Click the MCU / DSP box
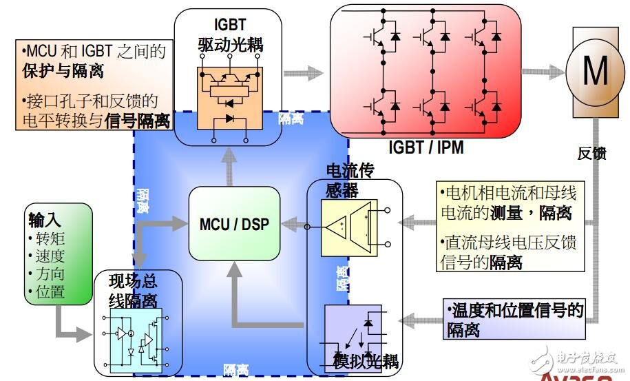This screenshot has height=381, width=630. pyautogui.click(x=235, y=224)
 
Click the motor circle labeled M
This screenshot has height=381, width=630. pyautogui.click(x=596, y=70)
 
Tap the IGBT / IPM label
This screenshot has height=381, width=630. pyautogui.click(x=426, y=147)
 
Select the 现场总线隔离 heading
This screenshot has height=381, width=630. pyautogui.click(x=138, y=291)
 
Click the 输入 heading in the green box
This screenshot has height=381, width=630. pyautogui.click(x=45, y=220)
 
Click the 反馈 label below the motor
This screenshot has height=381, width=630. pyautogui.click(x=591, y=154)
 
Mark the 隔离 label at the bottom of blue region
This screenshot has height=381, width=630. pyautogui.click(x=235, y=371)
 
